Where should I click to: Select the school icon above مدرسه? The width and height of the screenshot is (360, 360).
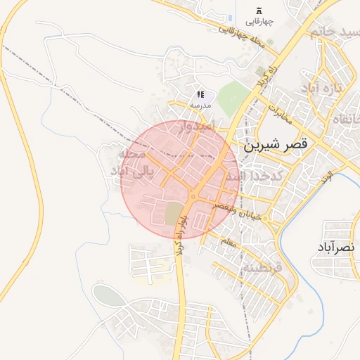200,94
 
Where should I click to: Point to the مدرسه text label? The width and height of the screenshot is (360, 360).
200,105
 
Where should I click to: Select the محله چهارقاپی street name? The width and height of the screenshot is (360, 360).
241,36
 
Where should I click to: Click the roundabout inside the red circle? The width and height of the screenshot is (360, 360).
193,196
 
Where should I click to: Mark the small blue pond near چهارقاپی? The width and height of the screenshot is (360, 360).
231,17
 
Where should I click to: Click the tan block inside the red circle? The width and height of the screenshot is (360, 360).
173,214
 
